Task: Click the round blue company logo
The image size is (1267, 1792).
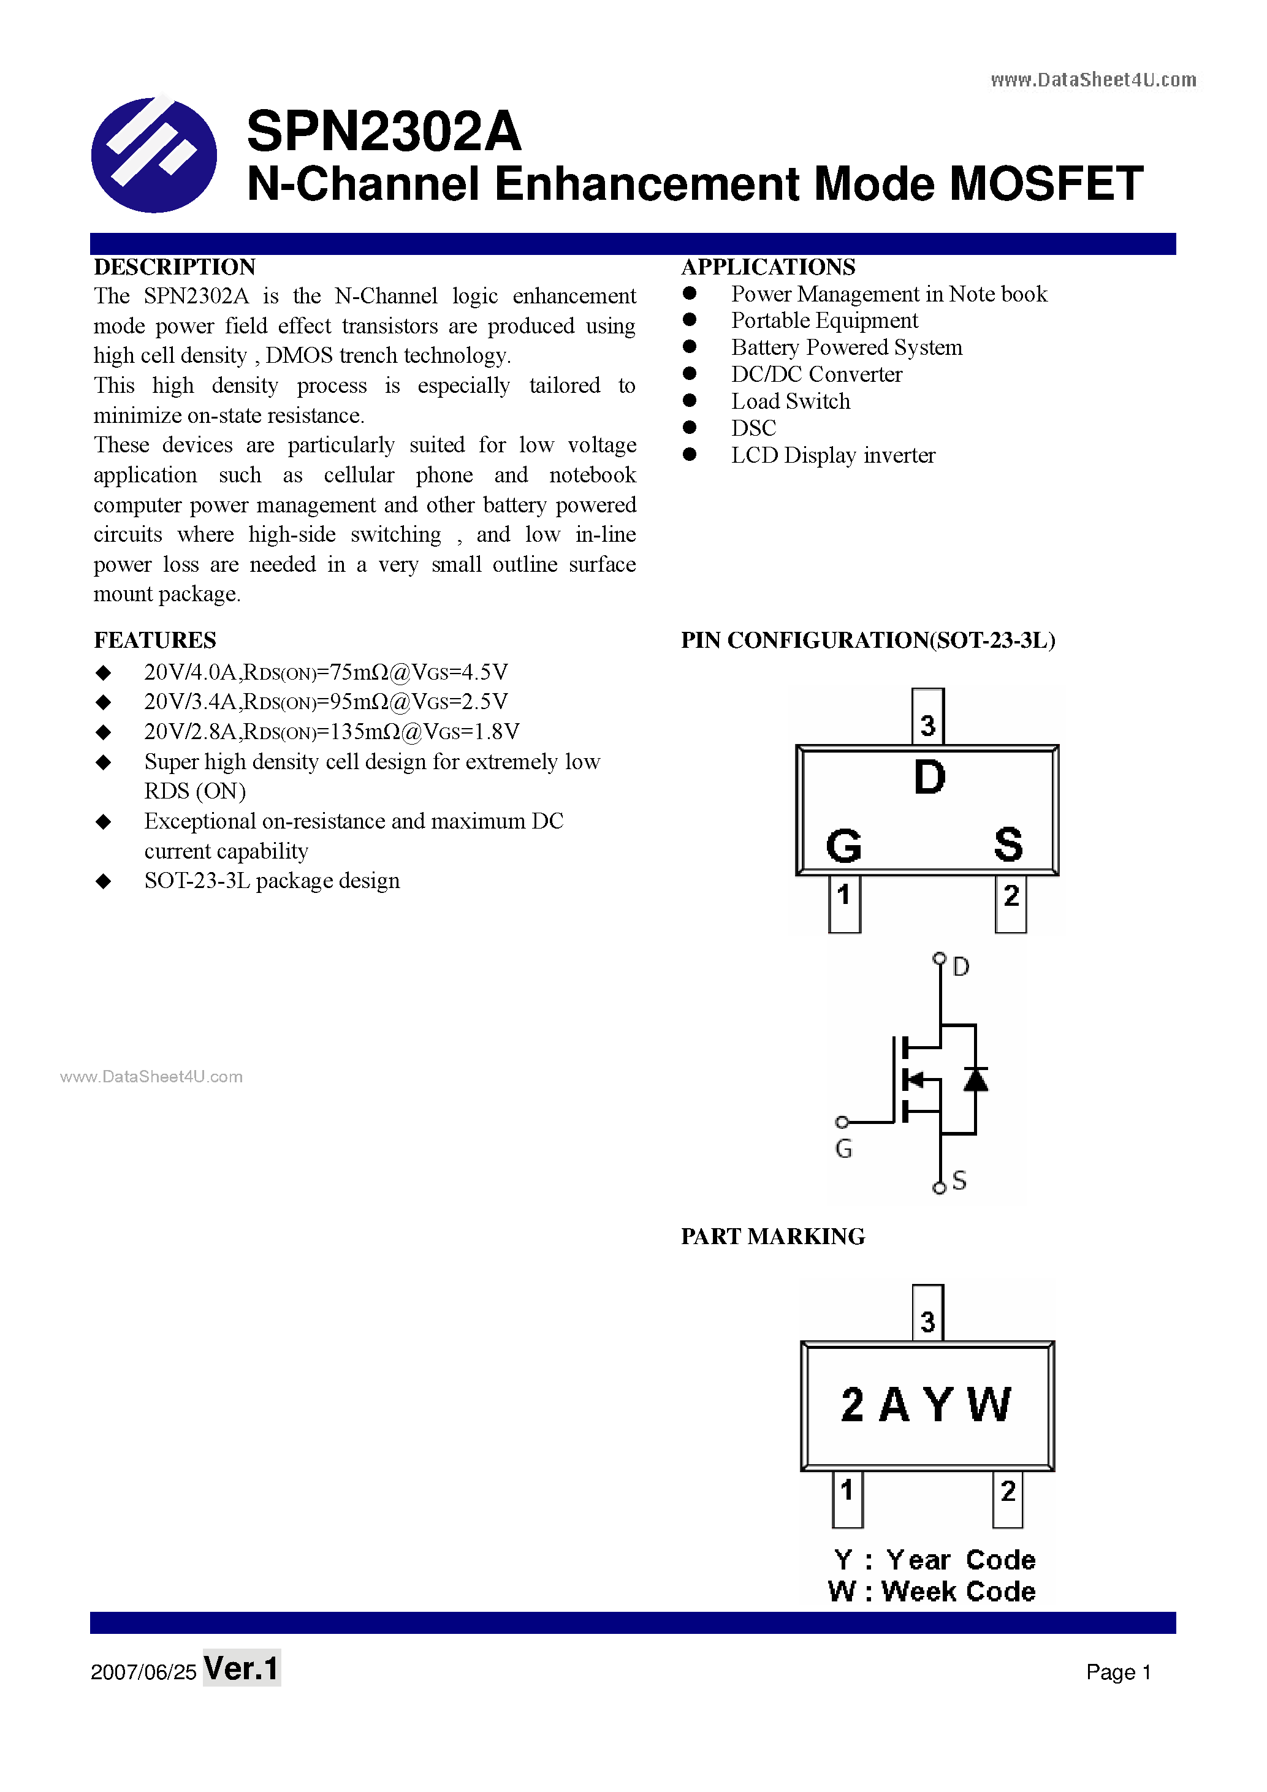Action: pos(154,154)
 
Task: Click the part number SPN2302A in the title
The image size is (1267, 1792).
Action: pos(383,131)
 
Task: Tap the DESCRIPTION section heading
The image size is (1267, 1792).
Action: pos(175,267)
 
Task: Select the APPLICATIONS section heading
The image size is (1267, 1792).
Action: pos(768,267)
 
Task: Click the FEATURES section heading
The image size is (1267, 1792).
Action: pos(154,640)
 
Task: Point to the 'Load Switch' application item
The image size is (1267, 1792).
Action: pos(790,401)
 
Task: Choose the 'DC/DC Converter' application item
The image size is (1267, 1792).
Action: pos(816,374)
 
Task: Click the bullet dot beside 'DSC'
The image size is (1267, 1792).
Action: pos(690,428)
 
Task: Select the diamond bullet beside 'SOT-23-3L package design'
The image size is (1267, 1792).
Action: pos(103,881)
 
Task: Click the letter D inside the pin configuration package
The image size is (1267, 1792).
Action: pos(929,777)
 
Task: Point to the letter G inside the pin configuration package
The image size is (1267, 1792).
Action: pos(843,846)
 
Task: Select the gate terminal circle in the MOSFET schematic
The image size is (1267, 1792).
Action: pos(842,1122)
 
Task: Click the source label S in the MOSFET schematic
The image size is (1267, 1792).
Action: pos(959,1180)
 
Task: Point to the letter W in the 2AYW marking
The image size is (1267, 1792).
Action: pos(989,1405)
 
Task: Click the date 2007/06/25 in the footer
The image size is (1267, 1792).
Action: pos(143,1672)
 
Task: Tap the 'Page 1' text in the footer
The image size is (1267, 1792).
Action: pos(1118,1672)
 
